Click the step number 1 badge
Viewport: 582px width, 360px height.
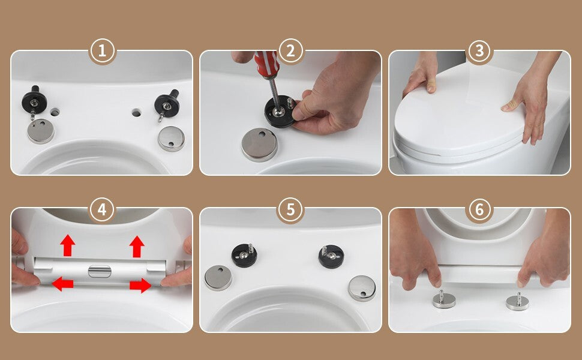103,51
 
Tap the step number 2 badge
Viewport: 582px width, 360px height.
290,51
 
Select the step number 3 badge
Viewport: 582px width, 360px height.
479,51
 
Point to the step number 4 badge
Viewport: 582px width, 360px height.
103,209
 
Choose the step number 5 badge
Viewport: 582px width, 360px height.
290,209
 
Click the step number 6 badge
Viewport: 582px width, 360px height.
479,209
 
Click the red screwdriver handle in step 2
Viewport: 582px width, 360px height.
266,64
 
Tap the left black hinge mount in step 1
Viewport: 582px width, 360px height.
34,100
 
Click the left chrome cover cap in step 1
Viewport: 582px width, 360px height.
41,131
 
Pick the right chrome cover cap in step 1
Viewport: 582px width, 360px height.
171,139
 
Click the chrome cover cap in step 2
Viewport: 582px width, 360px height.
259,145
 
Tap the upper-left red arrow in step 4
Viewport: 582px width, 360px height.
68,245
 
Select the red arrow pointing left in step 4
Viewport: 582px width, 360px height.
62,284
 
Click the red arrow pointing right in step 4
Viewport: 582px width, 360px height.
140,286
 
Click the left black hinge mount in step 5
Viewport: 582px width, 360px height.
244,256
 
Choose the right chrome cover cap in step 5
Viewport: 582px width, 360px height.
362,288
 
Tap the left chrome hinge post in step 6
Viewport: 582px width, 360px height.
444,299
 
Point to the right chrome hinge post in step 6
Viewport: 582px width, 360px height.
517,301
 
